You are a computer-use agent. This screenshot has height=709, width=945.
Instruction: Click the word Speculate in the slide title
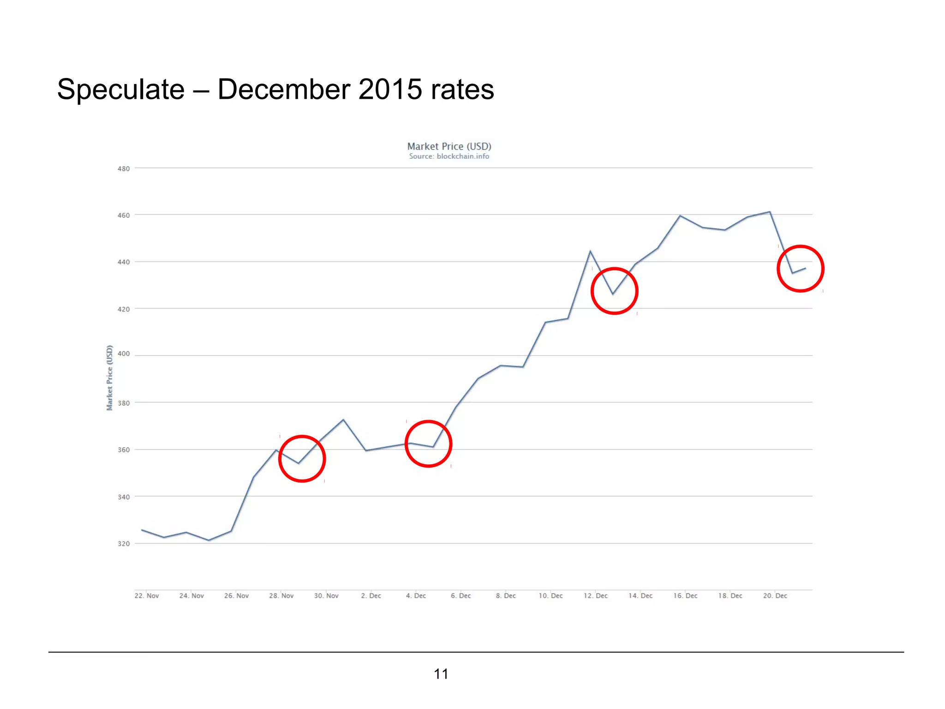121,89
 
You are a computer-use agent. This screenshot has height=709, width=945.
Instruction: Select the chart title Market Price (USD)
449,146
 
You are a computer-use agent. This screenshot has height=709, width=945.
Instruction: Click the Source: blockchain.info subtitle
449,156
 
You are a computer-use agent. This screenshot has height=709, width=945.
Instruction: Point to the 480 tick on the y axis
124,169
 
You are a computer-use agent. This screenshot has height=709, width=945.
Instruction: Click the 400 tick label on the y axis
124,354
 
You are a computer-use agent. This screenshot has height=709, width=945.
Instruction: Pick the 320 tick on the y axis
124,544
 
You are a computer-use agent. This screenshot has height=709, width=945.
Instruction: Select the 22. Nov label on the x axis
147,596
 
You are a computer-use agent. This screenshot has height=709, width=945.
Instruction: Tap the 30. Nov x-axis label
326,596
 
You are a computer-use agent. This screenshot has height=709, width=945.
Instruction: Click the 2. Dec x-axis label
371,596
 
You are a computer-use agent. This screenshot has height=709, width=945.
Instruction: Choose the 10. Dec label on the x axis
550,596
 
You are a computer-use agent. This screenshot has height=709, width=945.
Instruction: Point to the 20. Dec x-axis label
775,596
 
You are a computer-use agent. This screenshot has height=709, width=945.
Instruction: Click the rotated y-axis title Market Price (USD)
110,378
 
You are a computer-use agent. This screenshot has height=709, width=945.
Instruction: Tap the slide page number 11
441,674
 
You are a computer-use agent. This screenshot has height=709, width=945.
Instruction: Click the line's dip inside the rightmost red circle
793,273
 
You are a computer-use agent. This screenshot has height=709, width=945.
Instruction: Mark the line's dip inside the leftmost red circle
299,463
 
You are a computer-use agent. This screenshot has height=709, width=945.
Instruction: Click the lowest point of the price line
209,541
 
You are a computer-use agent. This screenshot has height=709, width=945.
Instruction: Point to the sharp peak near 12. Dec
590,251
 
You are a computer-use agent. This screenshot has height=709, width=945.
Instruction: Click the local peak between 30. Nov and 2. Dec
343,420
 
